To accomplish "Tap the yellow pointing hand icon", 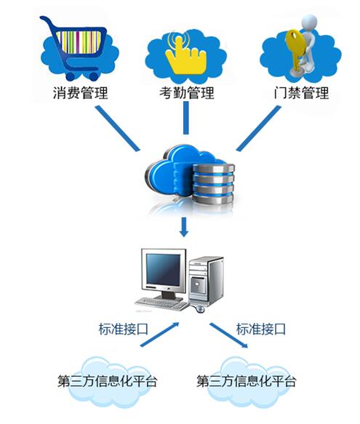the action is (x=185, y=56).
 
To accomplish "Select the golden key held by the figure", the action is (x=295, y=50).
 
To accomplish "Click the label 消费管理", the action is (x=80, y=93).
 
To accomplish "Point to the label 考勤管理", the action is (x=187, y=93).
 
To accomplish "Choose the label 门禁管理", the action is (x=301, y=93).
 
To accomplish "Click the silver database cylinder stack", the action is (x=213, y=184).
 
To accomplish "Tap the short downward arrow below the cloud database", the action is (x=184, y=227).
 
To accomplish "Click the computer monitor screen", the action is (x=163, y=270).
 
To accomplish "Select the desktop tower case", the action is (x=207, y=281).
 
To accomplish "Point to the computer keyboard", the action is (x=161, y=304).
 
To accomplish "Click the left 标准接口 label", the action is (x=124, y=329).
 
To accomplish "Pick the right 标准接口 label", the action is (x=261, y=329).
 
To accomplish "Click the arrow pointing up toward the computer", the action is (x=159, y=335).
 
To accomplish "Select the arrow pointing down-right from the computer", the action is (x=229, y=335).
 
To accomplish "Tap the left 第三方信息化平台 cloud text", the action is (x=108, y=381).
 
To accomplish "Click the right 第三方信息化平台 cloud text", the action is (x=246, y=381).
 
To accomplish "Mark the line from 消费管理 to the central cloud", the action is (x=118, y=128).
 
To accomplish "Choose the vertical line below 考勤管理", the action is (x=185, y=118).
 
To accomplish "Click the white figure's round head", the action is (x=308, y=23).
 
